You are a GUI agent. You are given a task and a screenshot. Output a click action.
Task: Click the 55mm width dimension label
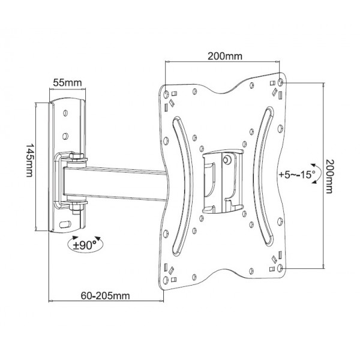point(67,83)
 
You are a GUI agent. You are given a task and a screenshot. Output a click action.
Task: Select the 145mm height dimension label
point(29,160)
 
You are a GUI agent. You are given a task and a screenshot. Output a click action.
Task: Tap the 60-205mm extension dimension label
point(105,296)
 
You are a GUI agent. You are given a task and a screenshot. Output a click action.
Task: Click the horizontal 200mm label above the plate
point(225,56)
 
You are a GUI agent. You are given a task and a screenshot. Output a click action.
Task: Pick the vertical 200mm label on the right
point(329,177)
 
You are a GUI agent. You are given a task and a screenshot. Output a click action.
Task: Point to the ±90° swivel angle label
point(85,245)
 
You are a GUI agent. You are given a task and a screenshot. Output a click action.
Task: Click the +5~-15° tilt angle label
point(298,175)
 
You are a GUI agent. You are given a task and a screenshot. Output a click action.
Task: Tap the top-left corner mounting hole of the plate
point(166,94)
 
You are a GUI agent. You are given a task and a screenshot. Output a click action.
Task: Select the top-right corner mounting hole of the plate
point(280,82)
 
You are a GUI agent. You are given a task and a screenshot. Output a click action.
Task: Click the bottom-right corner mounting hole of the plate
point(280,268)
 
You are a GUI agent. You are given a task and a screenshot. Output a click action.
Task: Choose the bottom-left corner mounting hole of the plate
point(166,280)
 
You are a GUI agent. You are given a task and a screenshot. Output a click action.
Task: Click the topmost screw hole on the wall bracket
point(65,113)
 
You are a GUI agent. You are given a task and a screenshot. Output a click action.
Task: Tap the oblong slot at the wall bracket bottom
point(65,224)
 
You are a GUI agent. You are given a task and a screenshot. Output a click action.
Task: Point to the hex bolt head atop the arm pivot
point(76,157)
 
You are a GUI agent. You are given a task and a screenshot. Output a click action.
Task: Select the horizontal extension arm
point(115,183)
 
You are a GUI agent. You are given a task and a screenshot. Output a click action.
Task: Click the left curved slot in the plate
point(182,186)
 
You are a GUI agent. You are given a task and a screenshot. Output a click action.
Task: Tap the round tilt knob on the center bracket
point(227,159)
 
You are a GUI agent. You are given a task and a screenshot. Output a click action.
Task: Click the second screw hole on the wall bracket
point(65,136)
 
